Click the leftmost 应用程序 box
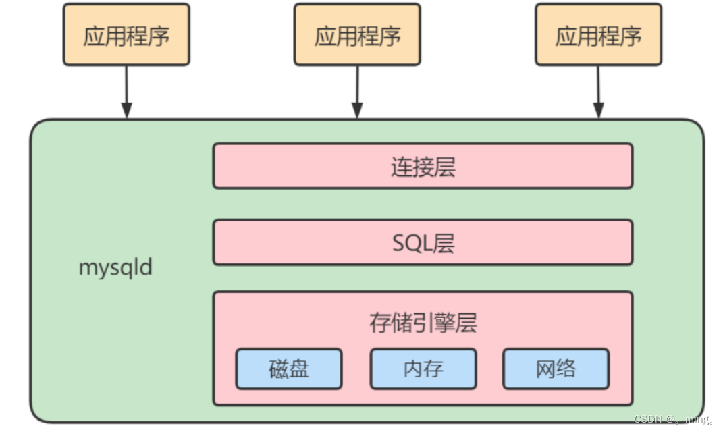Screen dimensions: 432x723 pyautogui.click(x=126, y=35)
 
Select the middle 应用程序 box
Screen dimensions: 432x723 pyautogui.click(x=357, y=35)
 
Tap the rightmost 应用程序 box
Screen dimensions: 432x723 pyautogui.click(x=598, y=35)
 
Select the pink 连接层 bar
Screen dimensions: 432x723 pyautogui.click(x=423, y=165)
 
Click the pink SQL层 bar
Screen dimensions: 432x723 pyautogui.click(x=423, y=242)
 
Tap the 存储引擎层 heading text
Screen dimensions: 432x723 pyautogui.click(x=423, y=323)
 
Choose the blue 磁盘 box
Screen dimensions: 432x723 pyautogui.click(x=288, y=369)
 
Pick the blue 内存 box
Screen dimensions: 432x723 pyautogui.click(x=423, y=369)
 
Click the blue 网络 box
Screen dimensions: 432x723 pyautogui.click(x=556, y=369)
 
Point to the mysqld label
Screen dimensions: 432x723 pyautogui.click(x=115, y=268)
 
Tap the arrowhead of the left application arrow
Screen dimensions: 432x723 pyautogui.click(x=126, y=111)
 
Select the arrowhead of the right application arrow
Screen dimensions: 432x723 pyautogui.click(x=598, y=111)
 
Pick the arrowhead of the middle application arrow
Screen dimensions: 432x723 pyautogui.click(x=357, y=111)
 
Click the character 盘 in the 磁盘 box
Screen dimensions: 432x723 pyautogui.click(x=298, y=369)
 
